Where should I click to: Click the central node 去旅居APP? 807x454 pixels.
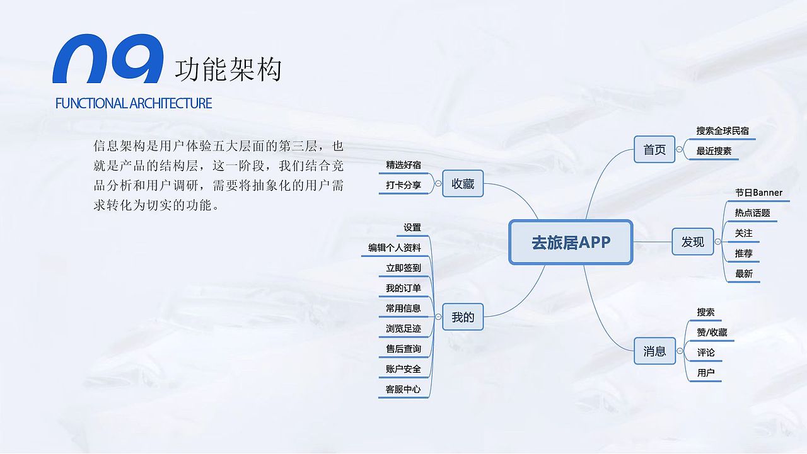click(571, 242)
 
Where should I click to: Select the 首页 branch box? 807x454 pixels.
click(654, 150)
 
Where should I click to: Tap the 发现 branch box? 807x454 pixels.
click(692, 242)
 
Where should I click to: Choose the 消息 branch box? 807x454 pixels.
click(654, 351)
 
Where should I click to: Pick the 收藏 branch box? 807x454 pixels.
click(463, 184)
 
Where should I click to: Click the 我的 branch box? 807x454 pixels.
click(463, 317)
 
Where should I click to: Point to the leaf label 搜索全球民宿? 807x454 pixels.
click(723, 131)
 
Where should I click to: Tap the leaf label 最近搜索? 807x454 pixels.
click(714, 151)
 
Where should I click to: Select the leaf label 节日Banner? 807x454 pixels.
click(758, 193)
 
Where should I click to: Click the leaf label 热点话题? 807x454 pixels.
click(752, 213)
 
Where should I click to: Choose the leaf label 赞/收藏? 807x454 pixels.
click(712, 332)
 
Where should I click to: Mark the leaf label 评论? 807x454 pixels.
click(706, 353)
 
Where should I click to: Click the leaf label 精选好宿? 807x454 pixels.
click(403, 165)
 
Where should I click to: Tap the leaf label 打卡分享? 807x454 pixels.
click(403, 185)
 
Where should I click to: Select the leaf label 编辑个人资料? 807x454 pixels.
click(395, 248)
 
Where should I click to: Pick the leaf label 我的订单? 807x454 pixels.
click(403, 288)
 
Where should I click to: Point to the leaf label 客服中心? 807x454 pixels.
click(403, 389)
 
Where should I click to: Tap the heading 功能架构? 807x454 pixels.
click(228, 69)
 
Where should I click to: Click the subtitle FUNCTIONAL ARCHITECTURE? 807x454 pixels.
click(134, 103)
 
